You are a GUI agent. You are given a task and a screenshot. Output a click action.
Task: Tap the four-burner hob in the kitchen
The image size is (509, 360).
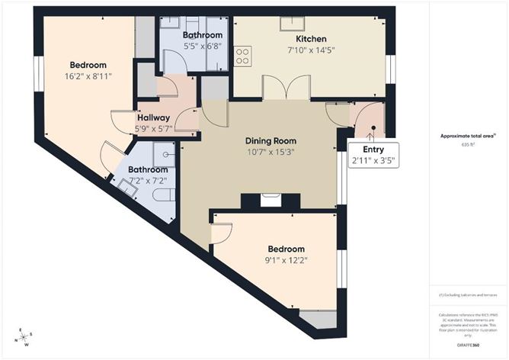[x=244, y=56]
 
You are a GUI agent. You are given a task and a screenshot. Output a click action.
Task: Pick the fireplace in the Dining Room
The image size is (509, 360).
[x=271, y=201]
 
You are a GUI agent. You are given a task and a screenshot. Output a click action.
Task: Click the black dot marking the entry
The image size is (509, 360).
[x=373, y=129]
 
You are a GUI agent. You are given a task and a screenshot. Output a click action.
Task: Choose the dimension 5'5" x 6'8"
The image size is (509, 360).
[x=203, y=47]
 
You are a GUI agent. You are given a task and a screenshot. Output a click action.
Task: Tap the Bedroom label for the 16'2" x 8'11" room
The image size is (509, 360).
[x=88, y=65]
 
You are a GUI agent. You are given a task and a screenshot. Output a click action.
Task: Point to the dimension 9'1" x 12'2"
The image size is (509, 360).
[x=287, y=260]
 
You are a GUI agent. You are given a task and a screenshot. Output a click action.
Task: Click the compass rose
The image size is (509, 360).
[x=24, y=336]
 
